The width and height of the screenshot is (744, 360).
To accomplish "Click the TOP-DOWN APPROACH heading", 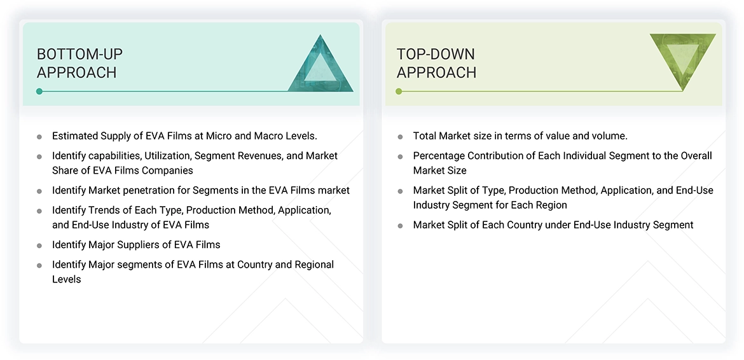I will (436, 63).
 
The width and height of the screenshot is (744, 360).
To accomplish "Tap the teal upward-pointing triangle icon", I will (320, 66).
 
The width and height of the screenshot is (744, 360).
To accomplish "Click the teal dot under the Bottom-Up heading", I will (39, 92).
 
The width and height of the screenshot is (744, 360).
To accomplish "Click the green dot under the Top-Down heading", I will (399, 92).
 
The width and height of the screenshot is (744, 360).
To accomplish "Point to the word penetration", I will (153, 190).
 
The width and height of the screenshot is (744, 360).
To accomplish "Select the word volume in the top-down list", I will (609, 135).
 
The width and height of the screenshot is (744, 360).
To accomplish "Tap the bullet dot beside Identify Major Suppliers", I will (39, 245).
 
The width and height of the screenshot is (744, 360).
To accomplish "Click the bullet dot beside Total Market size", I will (400, 136).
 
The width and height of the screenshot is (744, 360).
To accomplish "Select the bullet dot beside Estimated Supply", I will (39, 136).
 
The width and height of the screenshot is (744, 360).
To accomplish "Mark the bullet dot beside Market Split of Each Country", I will (400, 225).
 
